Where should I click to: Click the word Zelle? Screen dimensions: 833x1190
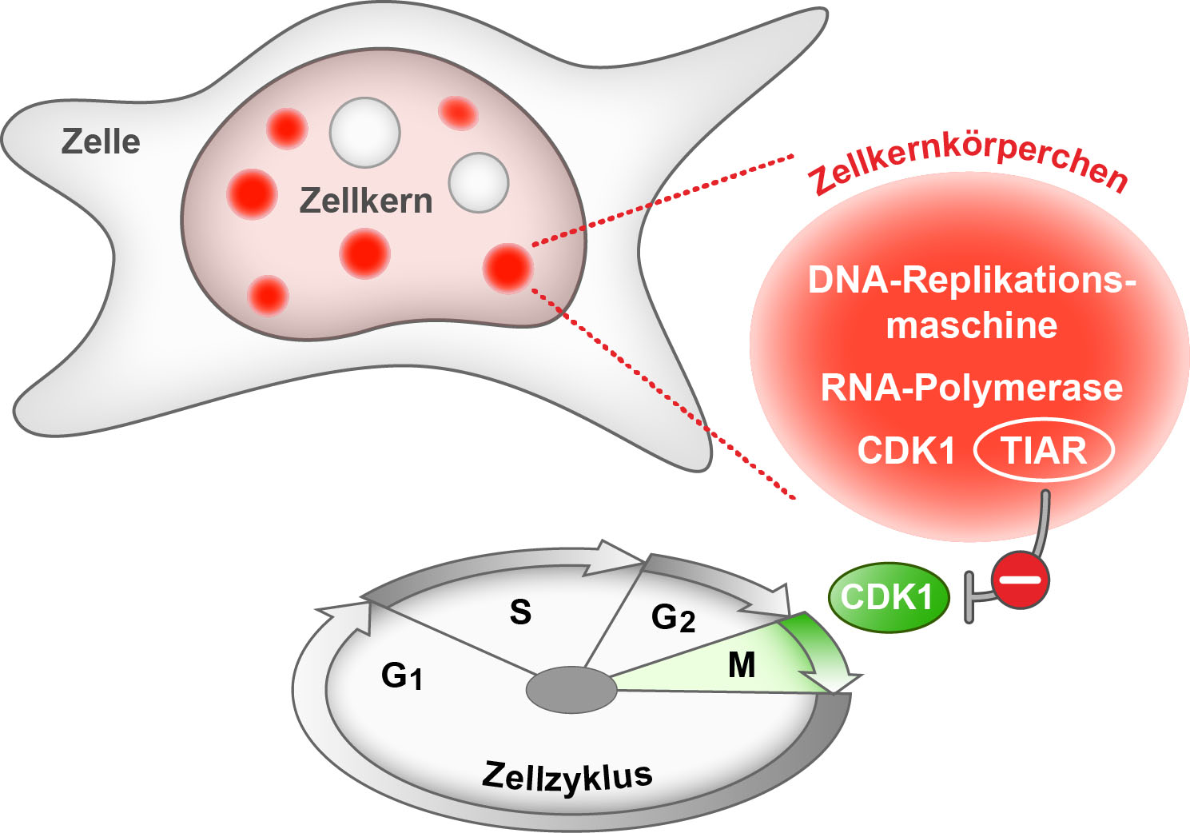click(101, 142)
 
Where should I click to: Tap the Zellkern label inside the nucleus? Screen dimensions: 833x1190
click(365, 201)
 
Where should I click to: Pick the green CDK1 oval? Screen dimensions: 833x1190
click(888, 597)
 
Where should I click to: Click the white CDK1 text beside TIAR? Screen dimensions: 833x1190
click(906, 451)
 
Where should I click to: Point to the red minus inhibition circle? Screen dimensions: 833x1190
click(1020, 580)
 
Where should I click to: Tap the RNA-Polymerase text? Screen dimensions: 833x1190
click(971, 388)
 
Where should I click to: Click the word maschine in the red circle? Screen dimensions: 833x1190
click(971, 325)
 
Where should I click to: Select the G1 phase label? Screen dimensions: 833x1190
click(401, 676)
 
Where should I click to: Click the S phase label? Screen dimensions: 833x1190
click(520, 612)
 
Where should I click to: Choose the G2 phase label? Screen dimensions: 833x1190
click(673, 617)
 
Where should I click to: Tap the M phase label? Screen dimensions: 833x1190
click(742, 665)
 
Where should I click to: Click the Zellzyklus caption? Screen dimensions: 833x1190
click(567, 777)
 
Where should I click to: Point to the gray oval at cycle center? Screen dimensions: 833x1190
click(571, 689)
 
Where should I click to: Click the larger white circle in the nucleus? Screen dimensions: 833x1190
click(364, 132)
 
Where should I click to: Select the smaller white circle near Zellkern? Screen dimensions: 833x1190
click(478, 182)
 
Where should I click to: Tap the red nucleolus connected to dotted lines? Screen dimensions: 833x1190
click(507, 267)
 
